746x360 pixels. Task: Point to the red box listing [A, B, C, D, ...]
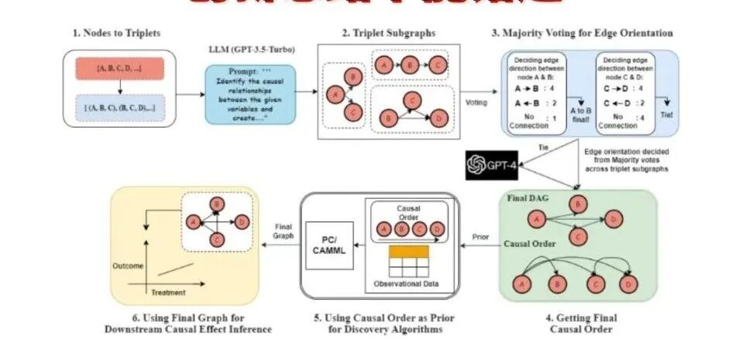click(118, 69)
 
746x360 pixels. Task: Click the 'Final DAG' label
click(528, 198)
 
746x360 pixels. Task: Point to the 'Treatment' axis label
click(167, 293)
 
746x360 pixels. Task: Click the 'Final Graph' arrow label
click(284, 231)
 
